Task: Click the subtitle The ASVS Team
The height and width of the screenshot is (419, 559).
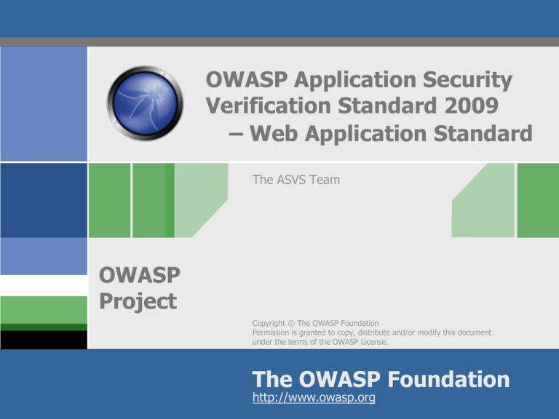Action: [296, 179]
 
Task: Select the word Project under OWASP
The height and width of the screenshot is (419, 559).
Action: [138, 300]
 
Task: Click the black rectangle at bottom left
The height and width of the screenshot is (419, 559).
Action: [44, 339]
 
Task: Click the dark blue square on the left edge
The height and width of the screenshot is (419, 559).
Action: [44, 201]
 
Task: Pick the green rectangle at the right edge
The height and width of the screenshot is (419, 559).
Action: [537, 200]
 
